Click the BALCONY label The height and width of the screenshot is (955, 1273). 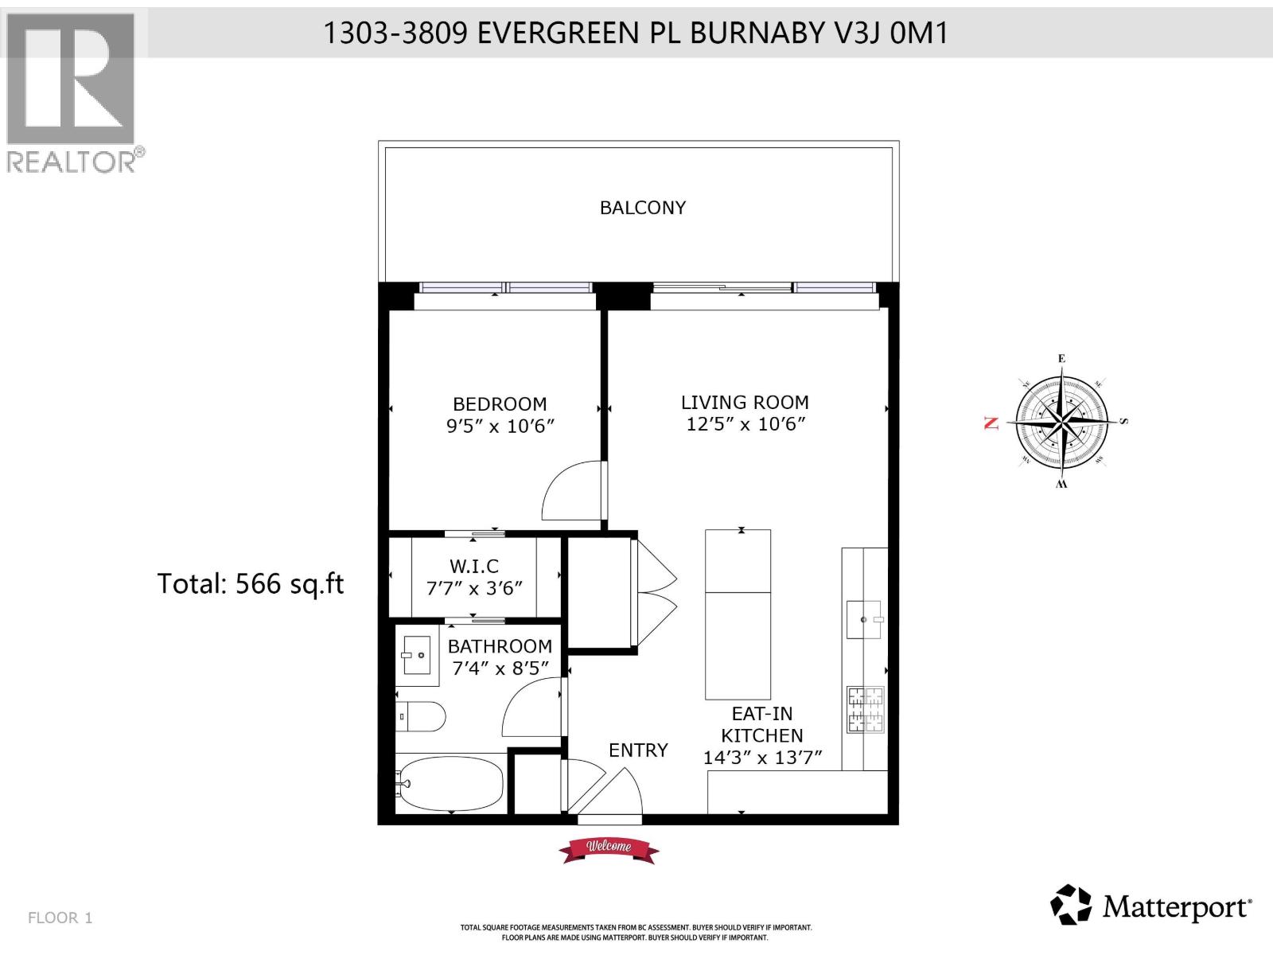(642, 208)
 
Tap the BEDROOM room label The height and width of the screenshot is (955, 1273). (500, 403)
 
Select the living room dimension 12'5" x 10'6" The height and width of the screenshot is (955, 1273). (746, 424)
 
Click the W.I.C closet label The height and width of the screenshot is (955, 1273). (474, 566)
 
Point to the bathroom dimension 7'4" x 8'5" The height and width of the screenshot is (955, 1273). (500, 668)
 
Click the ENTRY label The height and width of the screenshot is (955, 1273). (638, 750)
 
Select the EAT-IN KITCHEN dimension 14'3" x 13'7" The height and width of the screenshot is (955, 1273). (761, 758)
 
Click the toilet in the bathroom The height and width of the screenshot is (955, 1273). (420, 716)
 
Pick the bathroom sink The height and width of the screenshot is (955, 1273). (416, 655)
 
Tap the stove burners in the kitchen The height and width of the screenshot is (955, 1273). (866, 710)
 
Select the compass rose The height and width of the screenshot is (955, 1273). (1061, 421)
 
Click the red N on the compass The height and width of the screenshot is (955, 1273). (991, 423)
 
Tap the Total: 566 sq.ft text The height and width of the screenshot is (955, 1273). (250, 584)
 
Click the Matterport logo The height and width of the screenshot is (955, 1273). (1150, 906)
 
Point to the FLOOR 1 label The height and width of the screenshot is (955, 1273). (60, 918)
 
